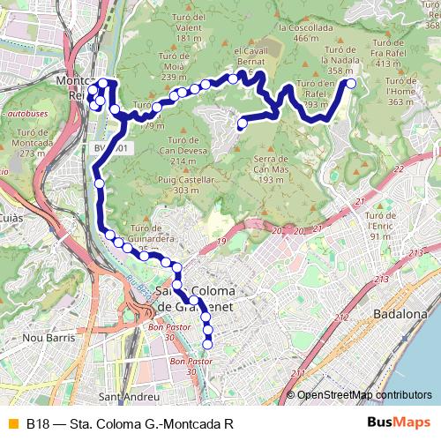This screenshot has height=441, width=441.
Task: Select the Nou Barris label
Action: pyautogui.click(x=47, y=337)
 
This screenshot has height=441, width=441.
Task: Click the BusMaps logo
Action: pyautogui.click(x=400, y=423)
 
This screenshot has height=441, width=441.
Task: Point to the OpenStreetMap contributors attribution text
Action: pyautogui.click(x=364, y=395)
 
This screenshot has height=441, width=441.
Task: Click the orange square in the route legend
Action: pyautogui.click(x=11, y=423)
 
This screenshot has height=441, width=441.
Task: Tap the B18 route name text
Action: pyautogui.click(x=130, y=423)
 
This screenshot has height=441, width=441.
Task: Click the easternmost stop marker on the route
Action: pyautogui.click(x=351, y=84)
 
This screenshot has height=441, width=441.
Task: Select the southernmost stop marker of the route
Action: pyautogui.click(x=209, y=343)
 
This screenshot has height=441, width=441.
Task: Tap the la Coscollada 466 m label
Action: pyautogui.click(x=298, y=33)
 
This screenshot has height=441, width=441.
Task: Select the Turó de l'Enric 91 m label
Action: pyautogui.click(x=382, y=225)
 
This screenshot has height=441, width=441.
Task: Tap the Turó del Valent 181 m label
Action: pyautogui.click(x=195, y=34)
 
